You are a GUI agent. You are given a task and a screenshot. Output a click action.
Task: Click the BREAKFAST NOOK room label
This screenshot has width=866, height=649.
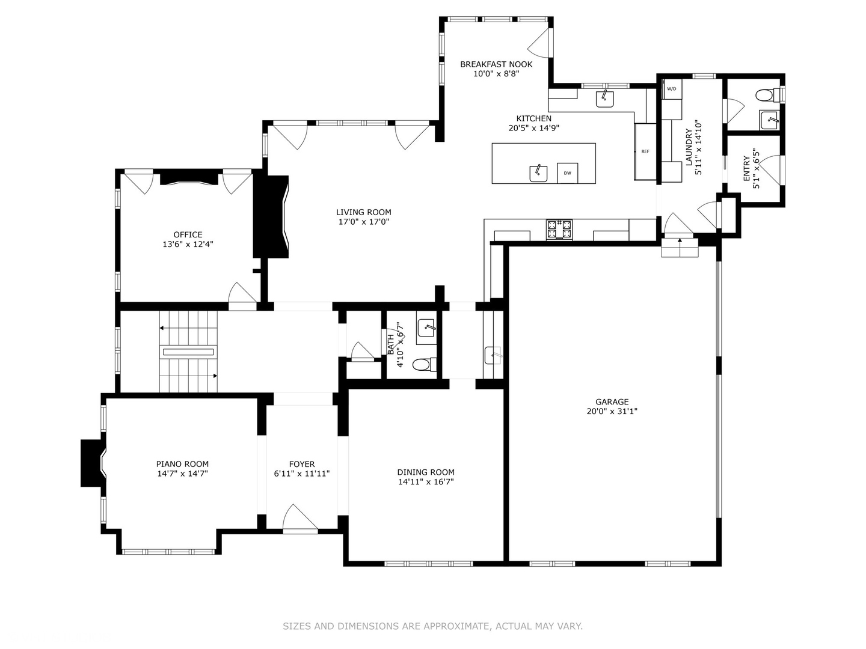click(x=496, y=64)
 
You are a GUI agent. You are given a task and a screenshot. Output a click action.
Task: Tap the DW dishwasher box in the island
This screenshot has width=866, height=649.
click(x=567, y=173)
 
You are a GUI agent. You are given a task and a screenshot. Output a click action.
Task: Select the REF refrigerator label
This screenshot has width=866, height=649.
click(x=645, y=151)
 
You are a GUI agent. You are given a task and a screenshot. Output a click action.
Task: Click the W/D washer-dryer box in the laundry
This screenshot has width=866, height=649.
click(x=672, y=89)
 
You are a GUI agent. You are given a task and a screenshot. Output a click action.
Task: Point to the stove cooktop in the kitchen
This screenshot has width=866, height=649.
click(x=559, y=230)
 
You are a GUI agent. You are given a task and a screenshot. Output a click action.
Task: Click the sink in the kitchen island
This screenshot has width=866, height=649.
click(x=538, y=174)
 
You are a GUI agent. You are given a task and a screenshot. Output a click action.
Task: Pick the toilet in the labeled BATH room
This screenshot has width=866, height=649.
click(x=425, y=364)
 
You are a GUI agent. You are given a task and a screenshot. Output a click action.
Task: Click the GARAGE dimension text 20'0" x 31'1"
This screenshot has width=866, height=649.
click(x=612, y=412)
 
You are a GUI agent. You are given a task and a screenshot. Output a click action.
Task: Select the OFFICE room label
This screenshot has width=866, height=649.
click(x=188, y=235)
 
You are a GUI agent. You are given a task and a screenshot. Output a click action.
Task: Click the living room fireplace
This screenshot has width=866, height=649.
click(x=271, y=216)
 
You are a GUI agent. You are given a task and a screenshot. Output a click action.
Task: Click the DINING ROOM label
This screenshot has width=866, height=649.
click(x=426, y=472)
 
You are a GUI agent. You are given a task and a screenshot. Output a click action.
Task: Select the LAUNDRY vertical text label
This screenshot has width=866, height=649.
click(x=689, y=147)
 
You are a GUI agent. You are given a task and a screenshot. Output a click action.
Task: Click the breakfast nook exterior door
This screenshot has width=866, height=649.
click(x=539, y=42)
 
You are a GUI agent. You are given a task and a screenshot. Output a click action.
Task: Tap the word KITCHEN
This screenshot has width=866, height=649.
click(x=534, y=118)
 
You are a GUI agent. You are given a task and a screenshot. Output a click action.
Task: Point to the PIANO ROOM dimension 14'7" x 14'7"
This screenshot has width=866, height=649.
click(x=183, y=474)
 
